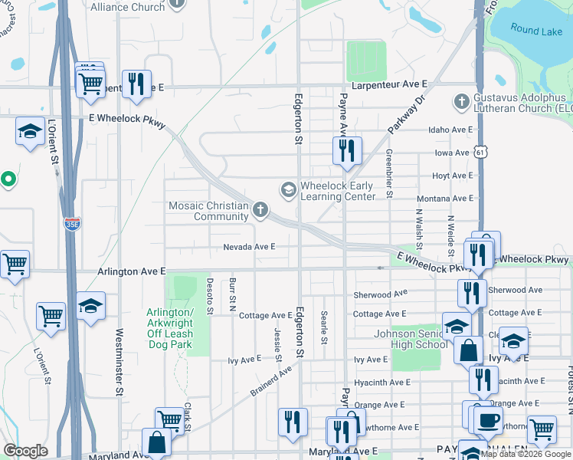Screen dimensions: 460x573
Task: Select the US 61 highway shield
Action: click(x=480, y=153)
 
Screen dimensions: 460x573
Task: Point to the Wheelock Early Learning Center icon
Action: click(x=289, y=189)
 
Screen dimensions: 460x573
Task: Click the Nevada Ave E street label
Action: click(x=249, y=247)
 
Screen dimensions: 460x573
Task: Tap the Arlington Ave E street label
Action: click(x=132, y=271)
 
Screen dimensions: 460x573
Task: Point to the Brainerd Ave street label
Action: click(x=271, y=381)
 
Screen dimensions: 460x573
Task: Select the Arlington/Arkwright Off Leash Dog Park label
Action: click(x=169, y=328)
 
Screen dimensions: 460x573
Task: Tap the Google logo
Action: click(x=25, y=451)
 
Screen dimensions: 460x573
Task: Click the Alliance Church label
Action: click(x=127, y=7)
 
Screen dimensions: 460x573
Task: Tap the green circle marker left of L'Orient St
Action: click(x=8, y=181)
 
